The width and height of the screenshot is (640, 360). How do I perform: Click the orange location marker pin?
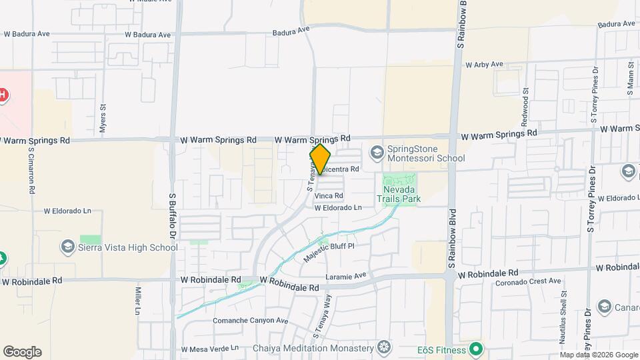point(320,159)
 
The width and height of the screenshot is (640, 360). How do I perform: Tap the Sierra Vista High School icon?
point(67,247)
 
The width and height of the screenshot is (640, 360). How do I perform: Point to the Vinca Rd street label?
point(329,196)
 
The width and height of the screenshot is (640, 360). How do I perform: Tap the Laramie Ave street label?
point(346,275)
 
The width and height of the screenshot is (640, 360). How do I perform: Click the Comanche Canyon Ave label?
point(250,321)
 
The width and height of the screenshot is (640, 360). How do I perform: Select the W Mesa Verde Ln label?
point(209,349)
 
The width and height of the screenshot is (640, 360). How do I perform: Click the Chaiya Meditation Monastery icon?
point(383,347)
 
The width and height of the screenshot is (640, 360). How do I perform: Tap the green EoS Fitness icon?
point(475,348)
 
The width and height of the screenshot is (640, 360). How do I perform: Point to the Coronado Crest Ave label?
point(529,281)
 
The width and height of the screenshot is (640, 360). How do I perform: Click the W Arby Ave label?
point(484,65)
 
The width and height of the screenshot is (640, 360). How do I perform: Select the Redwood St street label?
point(526,100)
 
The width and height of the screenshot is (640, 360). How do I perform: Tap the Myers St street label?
point(103,119)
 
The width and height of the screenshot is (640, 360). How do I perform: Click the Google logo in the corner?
point(22,352)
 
